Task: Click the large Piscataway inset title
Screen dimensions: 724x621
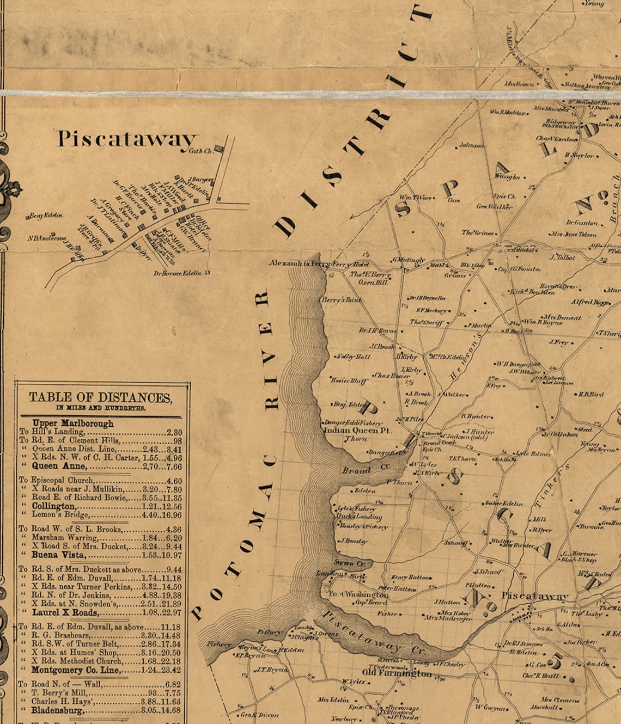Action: coord(126,139)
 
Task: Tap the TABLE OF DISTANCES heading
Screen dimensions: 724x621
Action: coord(100,397)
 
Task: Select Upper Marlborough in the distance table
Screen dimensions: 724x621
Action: coord(73,423)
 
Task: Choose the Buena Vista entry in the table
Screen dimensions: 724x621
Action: coord(58,555)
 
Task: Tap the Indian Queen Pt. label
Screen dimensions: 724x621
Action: coord(357,430)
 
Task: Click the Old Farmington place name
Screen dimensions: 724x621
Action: coord(397,673)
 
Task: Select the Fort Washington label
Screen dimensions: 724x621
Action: coord(358,594)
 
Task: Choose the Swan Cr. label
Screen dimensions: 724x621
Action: coord(344,562)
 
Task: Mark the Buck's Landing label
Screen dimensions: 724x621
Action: coord(359,517)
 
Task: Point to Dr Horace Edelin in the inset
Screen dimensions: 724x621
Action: coord(178,273)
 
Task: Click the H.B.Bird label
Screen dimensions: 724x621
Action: coord(590,394)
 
